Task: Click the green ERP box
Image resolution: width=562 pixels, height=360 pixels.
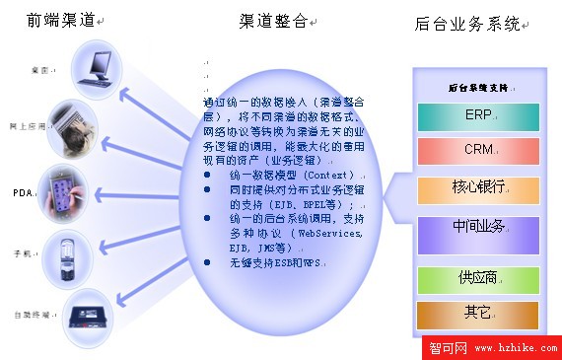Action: coord(478,116)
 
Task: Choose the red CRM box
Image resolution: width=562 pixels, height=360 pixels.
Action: coord(478,151)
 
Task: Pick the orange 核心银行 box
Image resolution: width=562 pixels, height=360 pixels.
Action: coord(478,188)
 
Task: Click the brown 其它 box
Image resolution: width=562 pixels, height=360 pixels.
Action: coord(478,315)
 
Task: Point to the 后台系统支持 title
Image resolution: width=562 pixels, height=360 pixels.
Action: coord(477,87)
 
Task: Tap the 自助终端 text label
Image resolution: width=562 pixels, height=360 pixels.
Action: coord(29,314)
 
